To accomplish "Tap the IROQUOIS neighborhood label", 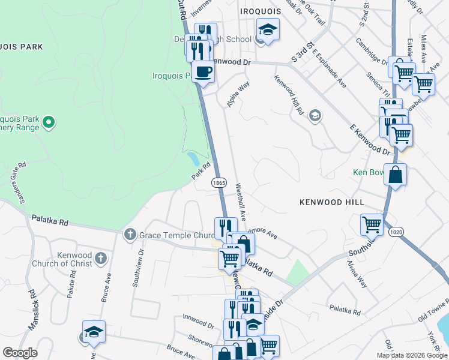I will pyautogui.click(x=259, y=11).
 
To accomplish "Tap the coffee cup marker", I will pyautogui.click(x=202, y=71).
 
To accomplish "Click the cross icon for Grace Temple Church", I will pyautogui.click(x=130, y=235).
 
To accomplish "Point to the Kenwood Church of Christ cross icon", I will pyautogui.click(x=101, y=259).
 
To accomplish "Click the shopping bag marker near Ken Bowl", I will pyautogui.click(x=395, y=175).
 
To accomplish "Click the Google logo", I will pyautogui.click(x=20, y=353).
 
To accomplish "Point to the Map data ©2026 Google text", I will pyautogui.click(x=411, y=355).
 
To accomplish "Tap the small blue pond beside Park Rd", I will pyautogui.click(x=193, y=158).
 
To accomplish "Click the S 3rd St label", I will pyautogui.click(x=303, y=51).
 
